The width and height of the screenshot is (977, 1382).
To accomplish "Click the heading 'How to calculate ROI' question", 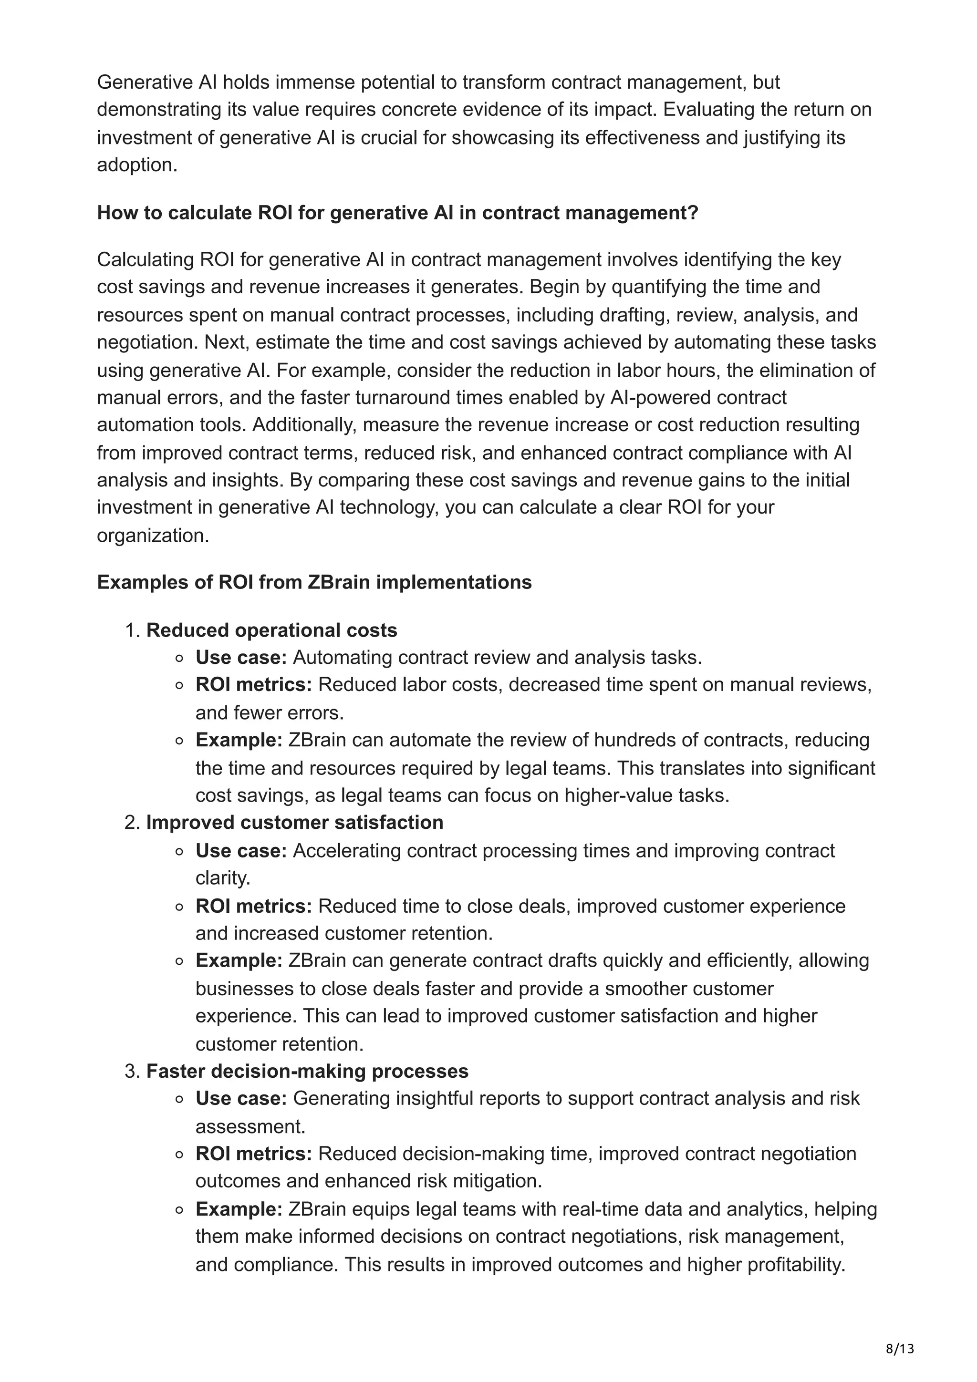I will pos(397,213).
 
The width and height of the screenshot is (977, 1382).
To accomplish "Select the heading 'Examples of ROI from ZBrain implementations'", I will pos(314,582).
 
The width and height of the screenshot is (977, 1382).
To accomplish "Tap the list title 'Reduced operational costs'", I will pos(271,630).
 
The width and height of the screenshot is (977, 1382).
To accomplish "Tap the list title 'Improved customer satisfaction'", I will pos(294,822).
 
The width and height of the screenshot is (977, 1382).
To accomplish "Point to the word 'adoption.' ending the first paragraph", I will pos(137,165).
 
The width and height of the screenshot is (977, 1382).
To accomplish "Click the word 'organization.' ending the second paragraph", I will pos(153,535).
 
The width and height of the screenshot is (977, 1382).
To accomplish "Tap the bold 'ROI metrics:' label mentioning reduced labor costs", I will pos(253,684).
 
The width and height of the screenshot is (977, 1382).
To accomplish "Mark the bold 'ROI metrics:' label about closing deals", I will pos(253,906).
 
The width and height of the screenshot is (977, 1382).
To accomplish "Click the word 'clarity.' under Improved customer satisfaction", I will pos(223,878).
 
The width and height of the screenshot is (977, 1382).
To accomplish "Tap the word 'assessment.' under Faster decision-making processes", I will pos(250,1126).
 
